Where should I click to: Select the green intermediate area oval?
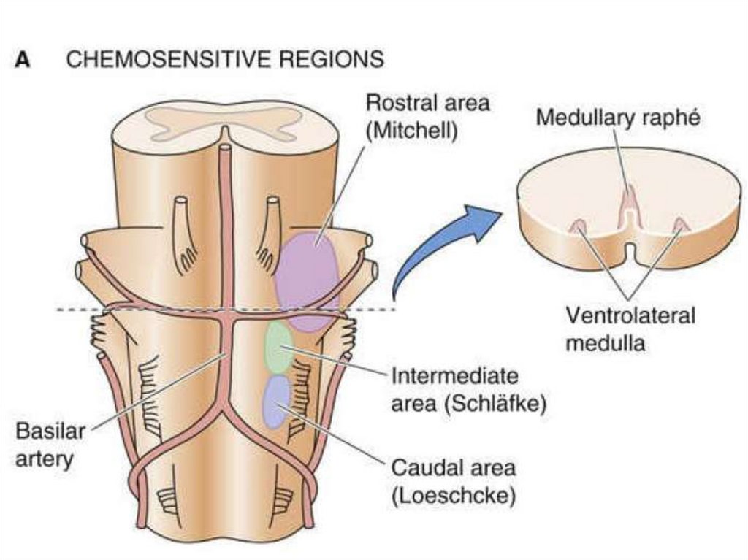[x=278, y=347]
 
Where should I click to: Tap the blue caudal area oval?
[x=277, y=400]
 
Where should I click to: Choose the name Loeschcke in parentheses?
[x=454, y=496]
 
